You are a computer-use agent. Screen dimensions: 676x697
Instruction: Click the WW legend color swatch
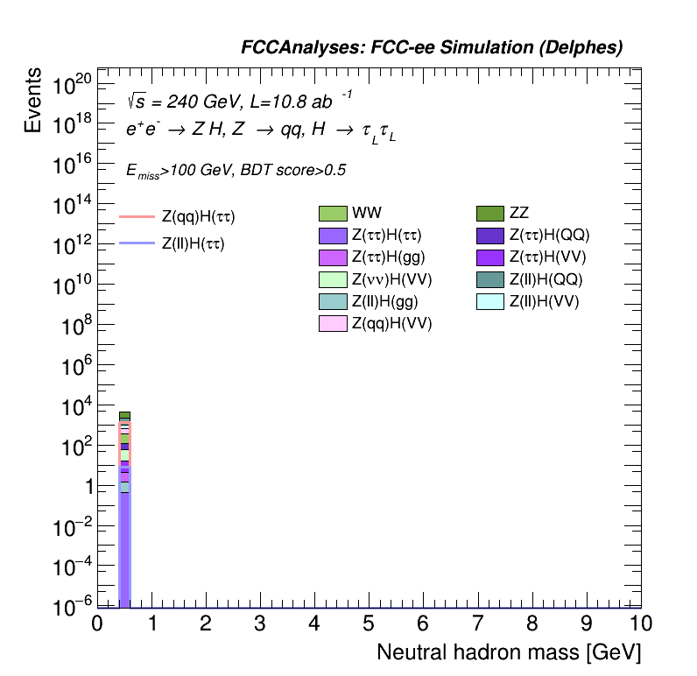333,213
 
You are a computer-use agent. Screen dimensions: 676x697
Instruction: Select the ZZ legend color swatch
489,213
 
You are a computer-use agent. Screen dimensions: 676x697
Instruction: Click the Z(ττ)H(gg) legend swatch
333,257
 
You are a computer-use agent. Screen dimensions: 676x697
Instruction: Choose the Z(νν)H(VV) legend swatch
333,279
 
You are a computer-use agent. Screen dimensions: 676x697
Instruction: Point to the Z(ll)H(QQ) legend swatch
489,279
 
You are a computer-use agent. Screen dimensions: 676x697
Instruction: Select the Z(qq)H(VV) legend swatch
333,324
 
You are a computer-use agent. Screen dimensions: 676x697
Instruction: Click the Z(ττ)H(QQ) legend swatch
489,235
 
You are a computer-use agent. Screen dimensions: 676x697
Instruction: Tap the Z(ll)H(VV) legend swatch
489,302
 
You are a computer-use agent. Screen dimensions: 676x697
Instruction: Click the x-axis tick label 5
369,623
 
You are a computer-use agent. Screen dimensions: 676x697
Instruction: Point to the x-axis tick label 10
641,623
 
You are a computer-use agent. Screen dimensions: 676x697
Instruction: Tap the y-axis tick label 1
86,488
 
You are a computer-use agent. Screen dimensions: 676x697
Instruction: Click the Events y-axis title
32,102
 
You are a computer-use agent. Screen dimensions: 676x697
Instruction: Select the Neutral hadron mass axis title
508,653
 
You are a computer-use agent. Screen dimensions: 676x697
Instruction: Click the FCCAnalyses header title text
432,48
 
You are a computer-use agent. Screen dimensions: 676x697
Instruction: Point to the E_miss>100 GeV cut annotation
236,171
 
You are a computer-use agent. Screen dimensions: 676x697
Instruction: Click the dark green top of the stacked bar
124,415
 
